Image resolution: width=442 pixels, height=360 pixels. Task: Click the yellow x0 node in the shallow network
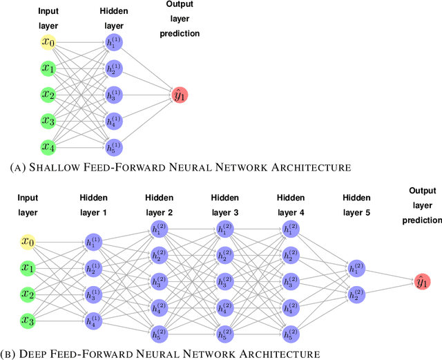coord(48,43)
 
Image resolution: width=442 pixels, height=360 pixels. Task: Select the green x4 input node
coord(48,146)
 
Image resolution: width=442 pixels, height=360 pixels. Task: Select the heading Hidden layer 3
coord(224,205)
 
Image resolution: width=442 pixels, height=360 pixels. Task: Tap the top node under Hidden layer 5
coord(357,268)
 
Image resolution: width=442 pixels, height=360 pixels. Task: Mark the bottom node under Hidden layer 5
coord(357,294)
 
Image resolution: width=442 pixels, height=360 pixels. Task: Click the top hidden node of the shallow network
coord(113,43)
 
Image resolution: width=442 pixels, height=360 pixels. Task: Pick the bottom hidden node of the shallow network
coord(113,146)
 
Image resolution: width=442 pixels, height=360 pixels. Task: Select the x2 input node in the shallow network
coord(48,95)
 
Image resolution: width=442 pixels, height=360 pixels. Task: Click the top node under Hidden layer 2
coord(158,229)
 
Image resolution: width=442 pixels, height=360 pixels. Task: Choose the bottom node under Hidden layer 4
coord(291,333)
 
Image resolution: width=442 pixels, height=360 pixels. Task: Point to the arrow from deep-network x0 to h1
coord(59,243)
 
